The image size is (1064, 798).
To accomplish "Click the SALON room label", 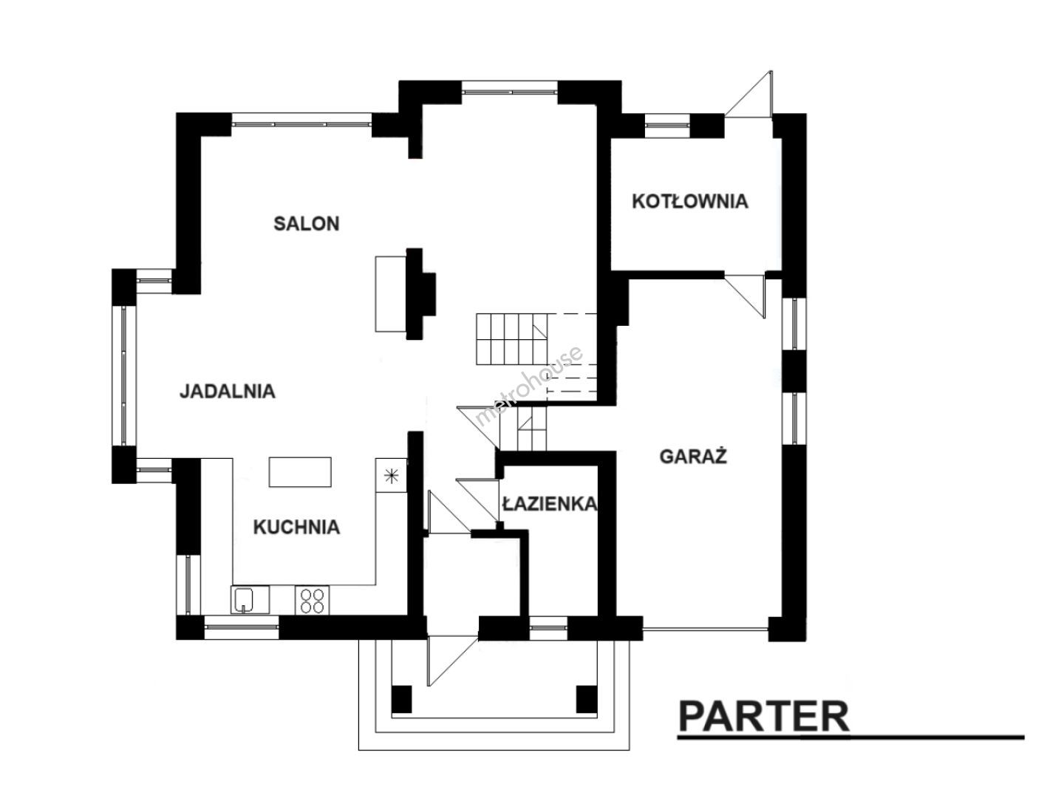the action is coord(307,224).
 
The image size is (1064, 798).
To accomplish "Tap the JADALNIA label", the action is coord(228,391).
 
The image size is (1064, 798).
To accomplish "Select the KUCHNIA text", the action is coord(296,527).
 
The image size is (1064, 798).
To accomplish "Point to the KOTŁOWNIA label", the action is coord(690,201).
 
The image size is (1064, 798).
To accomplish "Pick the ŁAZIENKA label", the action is coord(549,503).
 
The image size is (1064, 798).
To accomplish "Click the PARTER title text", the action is coord(763,717).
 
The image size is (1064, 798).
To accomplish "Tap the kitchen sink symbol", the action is coord(250,600).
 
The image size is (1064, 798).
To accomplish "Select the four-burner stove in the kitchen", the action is coord(312,600).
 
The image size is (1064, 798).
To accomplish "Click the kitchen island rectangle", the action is coord(300,472).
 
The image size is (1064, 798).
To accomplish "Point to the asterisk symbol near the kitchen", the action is coord(391,477).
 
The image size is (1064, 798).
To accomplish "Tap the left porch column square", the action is coord(401,699).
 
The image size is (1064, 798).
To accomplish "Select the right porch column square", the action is coord(587,699).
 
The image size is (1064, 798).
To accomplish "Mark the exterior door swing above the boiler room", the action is coord(748,94).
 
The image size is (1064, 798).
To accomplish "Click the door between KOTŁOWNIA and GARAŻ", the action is coord(745,296).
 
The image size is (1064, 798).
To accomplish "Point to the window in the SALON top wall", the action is coord(301,120).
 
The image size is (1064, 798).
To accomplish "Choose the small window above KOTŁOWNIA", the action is coord(667,125).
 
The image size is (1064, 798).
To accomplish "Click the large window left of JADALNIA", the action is coord(124,375).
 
